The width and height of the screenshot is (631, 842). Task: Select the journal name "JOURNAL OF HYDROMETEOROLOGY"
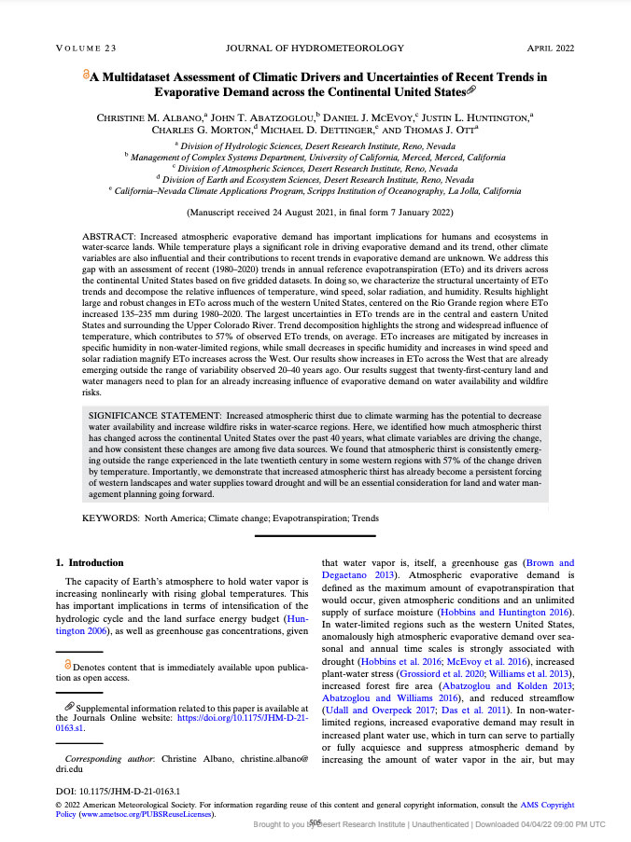click(315, 48)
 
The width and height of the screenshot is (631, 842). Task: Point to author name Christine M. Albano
click(150, 117)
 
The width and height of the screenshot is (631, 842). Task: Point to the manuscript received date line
click(315, 212)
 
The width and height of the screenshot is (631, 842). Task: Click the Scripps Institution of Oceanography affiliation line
click(315, 190)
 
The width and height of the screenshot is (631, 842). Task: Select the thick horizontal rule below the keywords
click(315, 535)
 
